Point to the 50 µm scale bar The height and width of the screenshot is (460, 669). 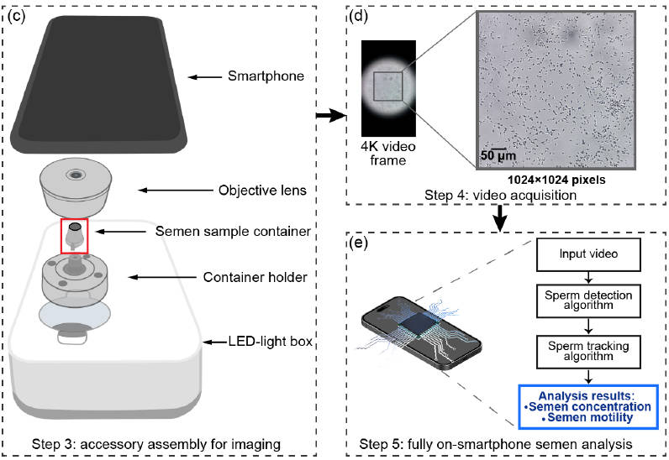click(x=497, y=156)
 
